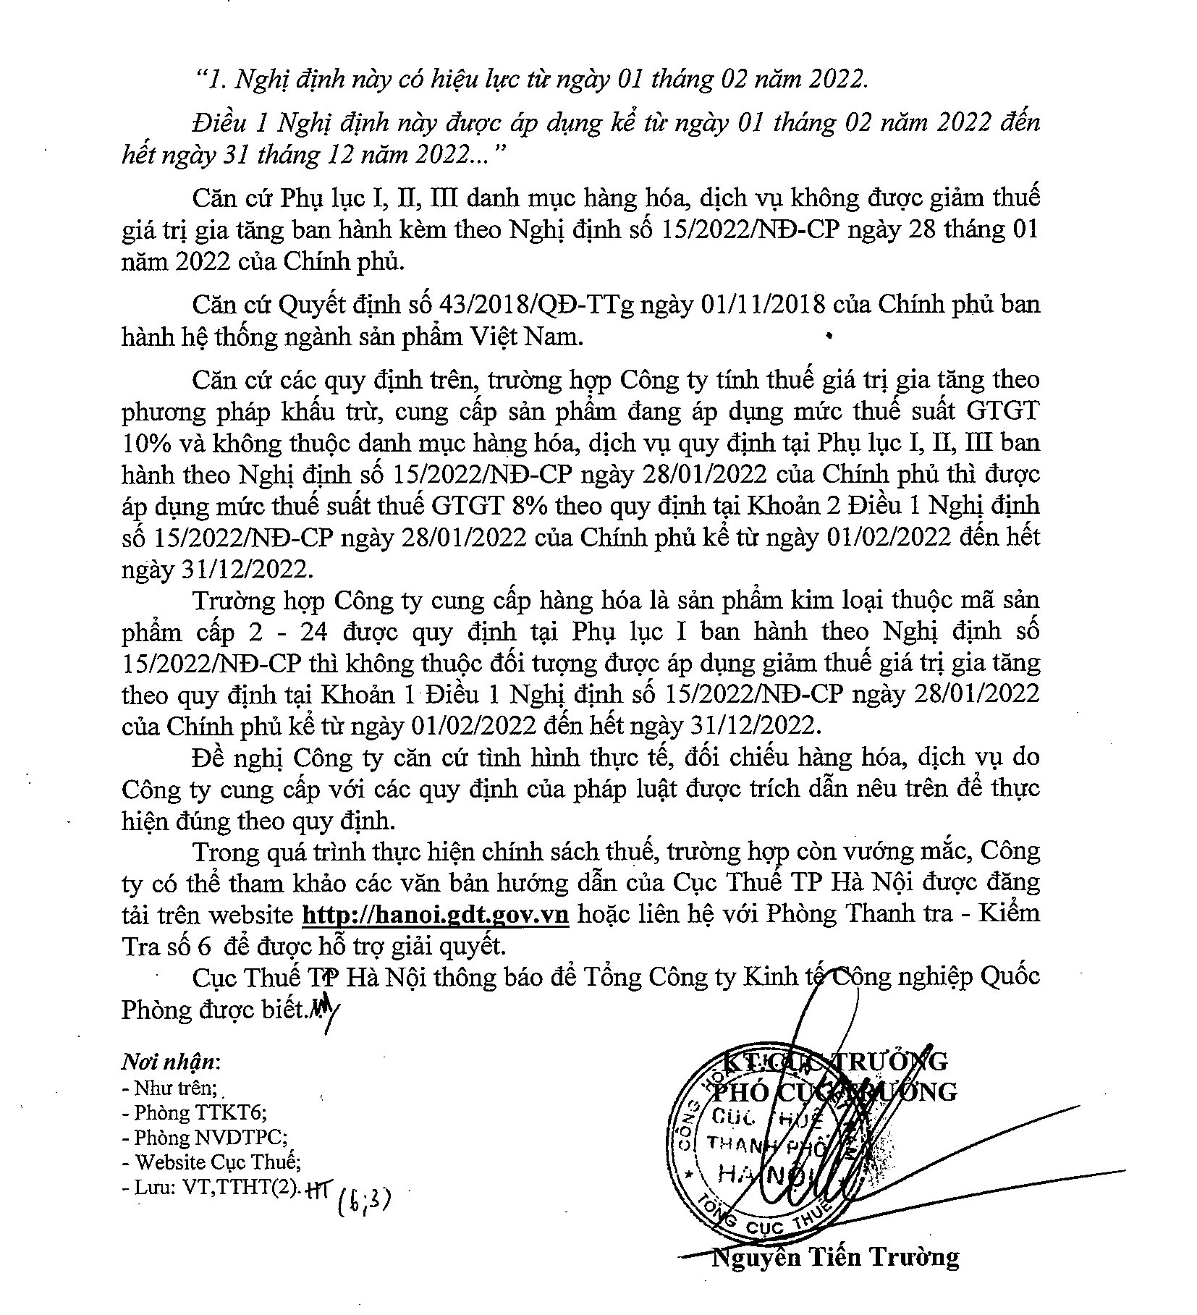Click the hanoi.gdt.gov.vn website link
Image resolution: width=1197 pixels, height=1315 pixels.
pyautogui.click(x=435, y=914)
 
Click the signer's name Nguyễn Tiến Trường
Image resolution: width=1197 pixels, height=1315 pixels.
pyautogui.click(x=835, y=1277)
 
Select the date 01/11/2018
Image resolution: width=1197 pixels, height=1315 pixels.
pyautogui.click(x=764, y=305)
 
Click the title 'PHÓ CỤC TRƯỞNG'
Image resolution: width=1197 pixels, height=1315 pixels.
pyautogui.click(x=835, y=1091)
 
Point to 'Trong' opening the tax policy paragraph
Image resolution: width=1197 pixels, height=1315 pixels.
pyautogui.click(x=225, y=852)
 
